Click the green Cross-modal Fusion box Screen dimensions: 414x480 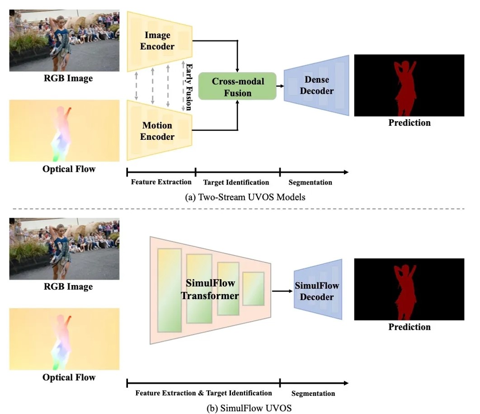pyautogui.click(x=237, y=87)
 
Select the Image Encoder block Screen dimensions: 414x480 pyautogui.click(x=157, y=40)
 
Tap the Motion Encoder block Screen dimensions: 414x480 pyautogui.click(x=157, y=131)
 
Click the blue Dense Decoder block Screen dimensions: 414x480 pyautogui.click(x=316, y=85)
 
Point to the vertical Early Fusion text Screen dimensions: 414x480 pyautogui.click(x=188, y=86)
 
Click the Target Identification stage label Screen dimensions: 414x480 pyautogui.click(x=236, y=182)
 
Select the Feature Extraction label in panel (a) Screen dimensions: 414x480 pyautogui.click(x=161, y=182)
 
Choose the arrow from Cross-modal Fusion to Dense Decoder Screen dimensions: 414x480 pyautogui.click(x=280, y=85)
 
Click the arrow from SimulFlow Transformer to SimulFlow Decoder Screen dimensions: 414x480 pyautogui.click(x=282, y=291)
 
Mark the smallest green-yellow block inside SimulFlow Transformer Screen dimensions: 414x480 pyautogui.click(x=253, y=288)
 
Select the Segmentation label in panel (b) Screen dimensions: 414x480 pyautogui.click(x=313, y=393)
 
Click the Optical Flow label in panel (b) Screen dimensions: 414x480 pyautogui.click(x=69, y=377)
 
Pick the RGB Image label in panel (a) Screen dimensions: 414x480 pyautogui.click(x=68, y=78)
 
